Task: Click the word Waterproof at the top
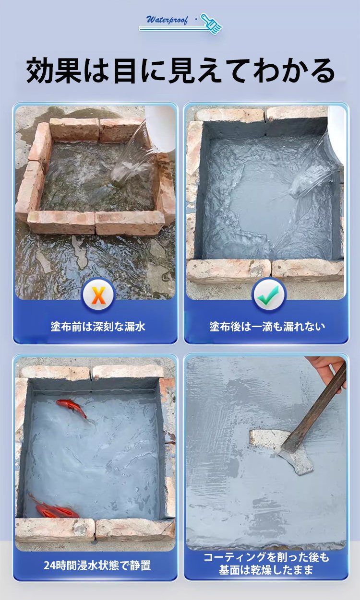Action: coord(167,20)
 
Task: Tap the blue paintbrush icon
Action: coord(211,24)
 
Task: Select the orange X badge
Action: coord(98,294)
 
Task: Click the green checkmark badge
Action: coord(269,294)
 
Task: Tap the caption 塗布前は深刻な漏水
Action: coord(98,326)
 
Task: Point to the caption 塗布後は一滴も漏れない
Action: coord(267,326)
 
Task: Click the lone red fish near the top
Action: coord(72,408)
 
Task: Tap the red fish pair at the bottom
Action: coord(54,508)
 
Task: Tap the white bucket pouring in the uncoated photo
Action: coord(160,127)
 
